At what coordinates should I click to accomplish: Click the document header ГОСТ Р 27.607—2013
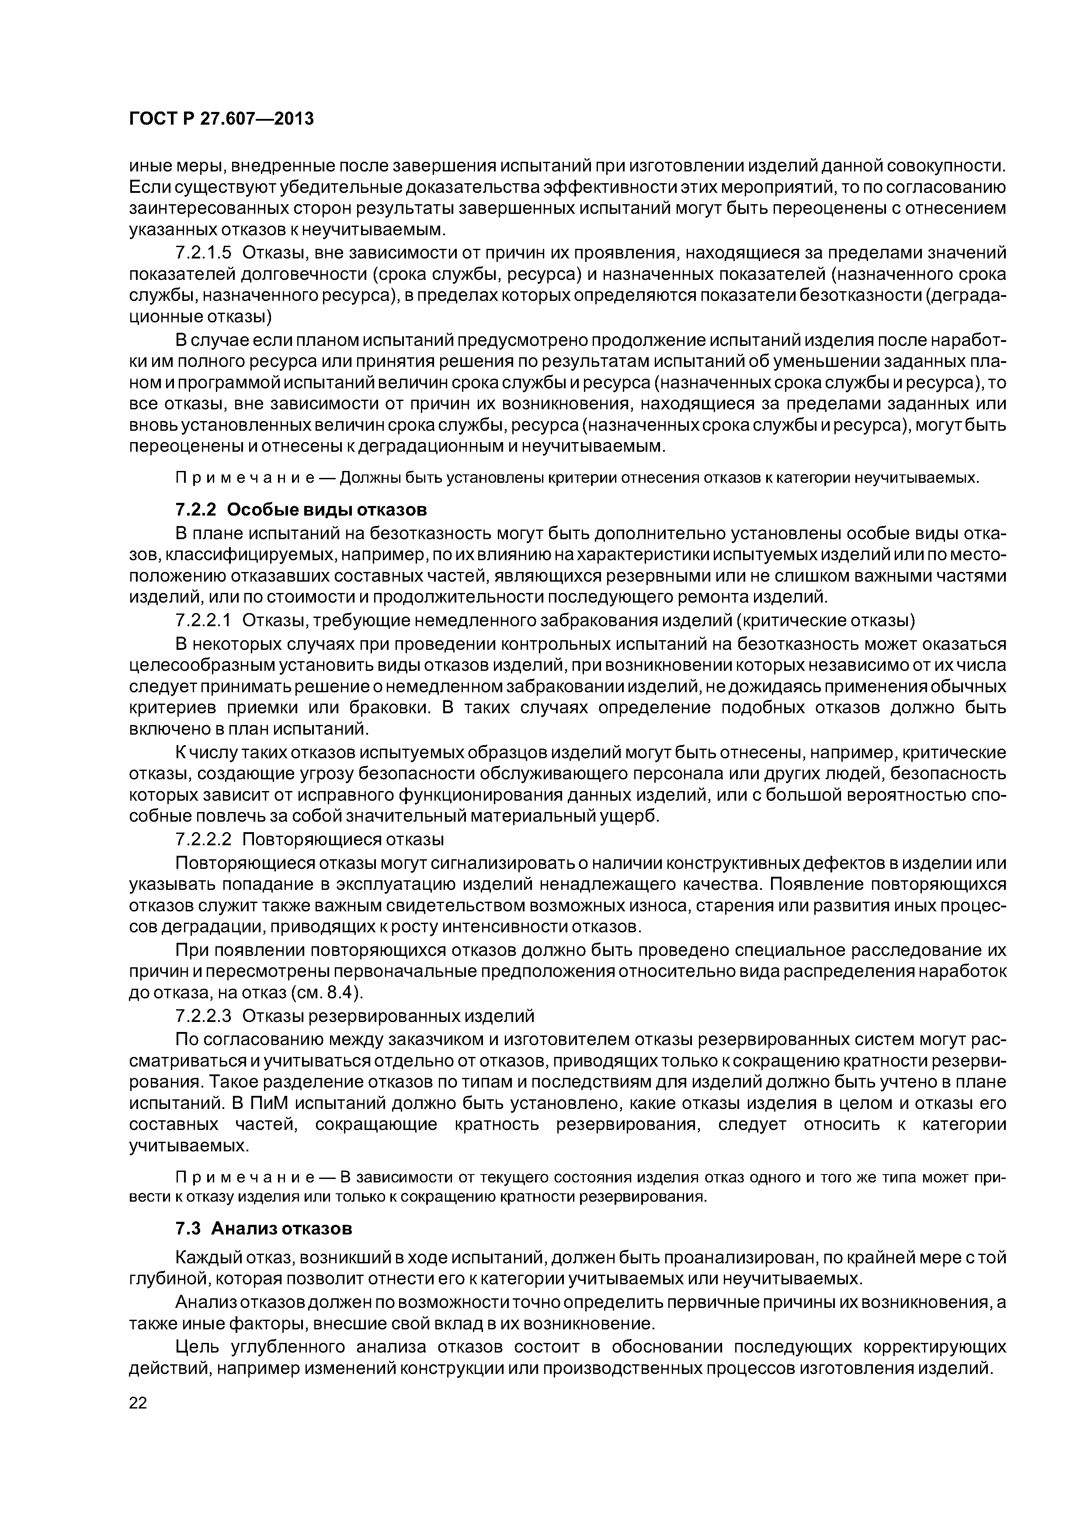pos(220,119)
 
